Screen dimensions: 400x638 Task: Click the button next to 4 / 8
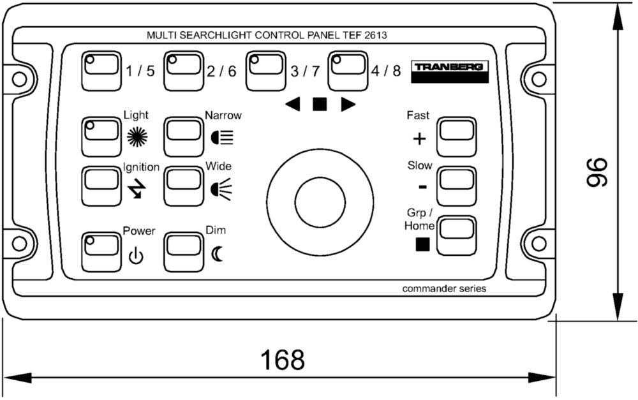click(x=348, y=70)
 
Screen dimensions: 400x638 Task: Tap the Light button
click(x=101, y=135)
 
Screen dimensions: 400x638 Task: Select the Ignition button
click(x=101, y=186)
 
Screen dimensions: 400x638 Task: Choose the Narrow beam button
click(x=184, y=135)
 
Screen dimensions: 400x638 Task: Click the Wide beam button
click(x=184, y=186)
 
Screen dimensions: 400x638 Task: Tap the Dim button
click(x=184, y=252)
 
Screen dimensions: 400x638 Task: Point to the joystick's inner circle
click(x=320, y=198)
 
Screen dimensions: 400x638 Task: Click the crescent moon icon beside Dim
click(x=218, y=255)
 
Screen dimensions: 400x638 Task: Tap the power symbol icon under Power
click(x=136, y=257)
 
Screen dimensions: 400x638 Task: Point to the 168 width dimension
click(x=283, y=360)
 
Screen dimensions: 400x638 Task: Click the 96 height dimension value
click(x=597, y=172)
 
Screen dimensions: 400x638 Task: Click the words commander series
click(x=444, y=288)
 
